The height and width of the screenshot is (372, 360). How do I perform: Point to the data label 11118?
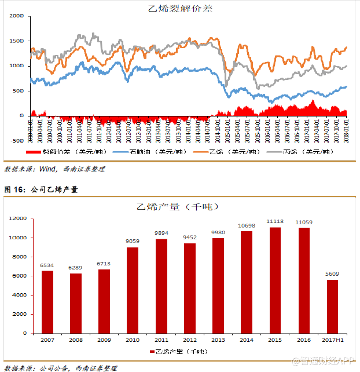pos(275,221)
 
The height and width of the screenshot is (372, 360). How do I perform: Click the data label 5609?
pos(332,274)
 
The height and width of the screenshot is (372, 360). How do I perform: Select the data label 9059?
pos(133,242)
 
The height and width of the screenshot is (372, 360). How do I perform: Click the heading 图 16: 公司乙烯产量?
pos(41,189)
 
